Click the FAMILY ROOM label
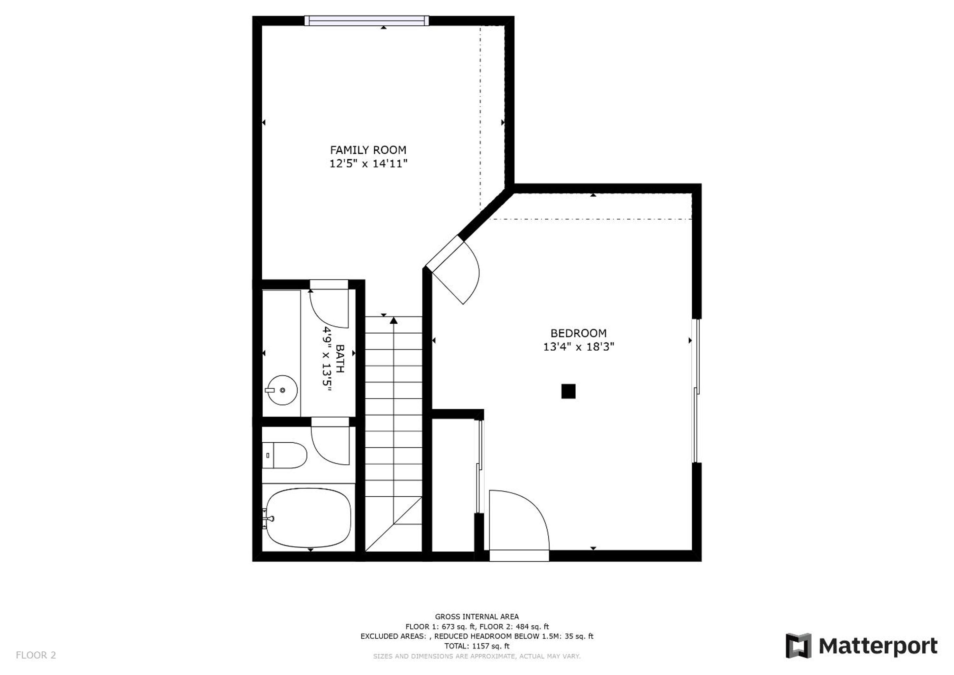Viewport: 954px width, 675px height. tap(368, 150)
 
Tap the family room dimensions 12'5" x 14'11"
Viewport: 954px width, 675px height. tap(368, 163)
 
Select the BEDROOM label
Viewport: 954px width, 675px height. tap(578, 333)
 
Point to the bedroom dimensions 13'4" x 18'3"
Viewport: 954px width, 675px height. tap(578, 347)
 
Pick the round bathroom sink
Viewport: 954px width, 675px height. tap(282, 390)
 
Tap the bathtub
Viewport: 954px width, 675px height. tap(308, 518)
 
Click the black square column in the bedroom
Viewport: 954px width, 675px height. tap(568, 391)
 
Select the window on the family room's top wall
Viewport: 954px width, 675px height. tap(366, 20)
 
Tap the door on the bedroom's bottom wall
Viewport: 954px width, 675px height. tap(519, 526)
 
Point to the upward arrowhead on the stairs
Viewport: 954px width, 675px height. tap(393, 320)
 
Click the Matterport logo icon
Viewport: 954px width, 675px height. tap(798, 645)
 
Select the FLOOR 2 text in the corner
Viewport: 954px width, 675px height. tap(36, 655)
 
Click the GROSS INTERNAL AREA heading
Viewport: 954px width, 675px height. tap(477, 616)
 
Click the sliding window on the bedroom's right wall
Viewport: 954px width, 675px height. tap(696, 391)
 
